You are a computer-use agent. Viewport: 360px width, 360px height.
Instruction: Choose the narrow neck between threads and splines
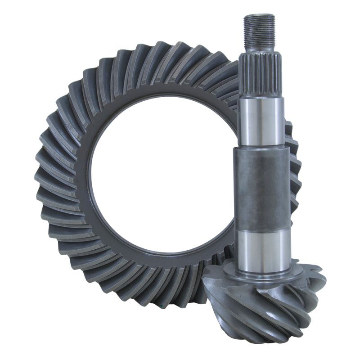pyautogui.click(x=260, y=49)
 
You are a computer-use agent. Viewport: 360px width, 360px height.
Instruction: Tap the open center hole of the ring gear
pyautogui.click(x=162, y=180)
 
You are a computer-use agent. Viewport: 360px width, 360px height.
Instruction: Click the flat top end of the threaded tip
pyautogui.click(x=259, y=15)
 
